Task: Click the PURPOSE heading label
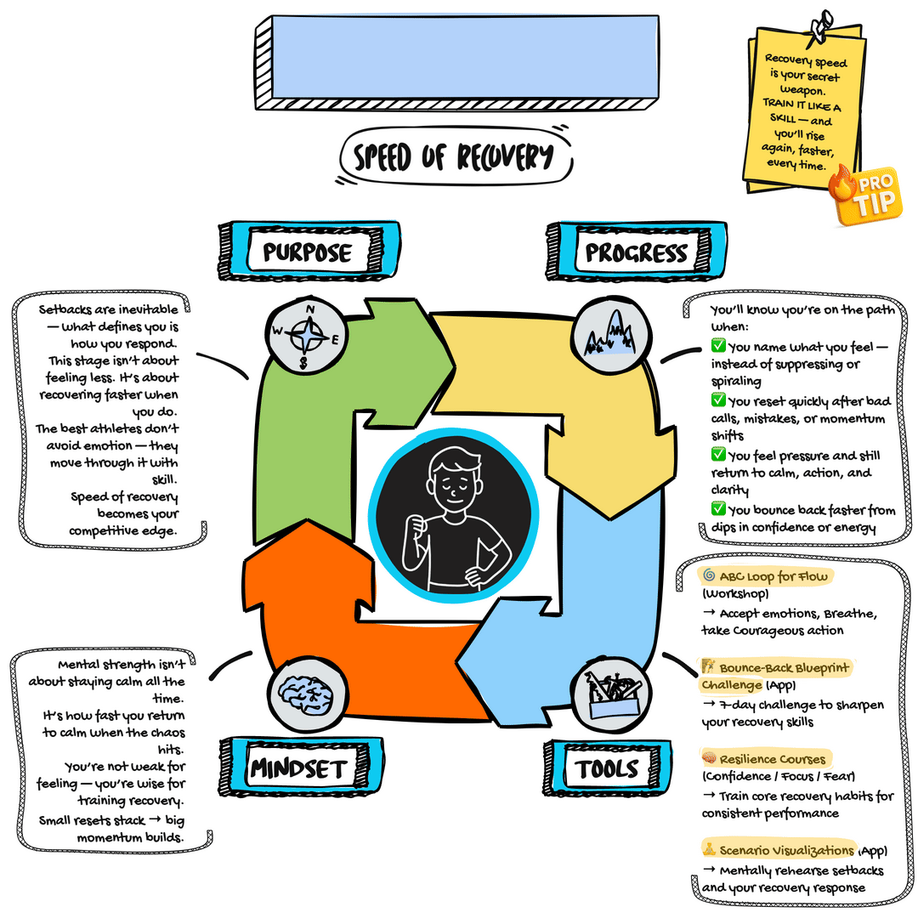pos(306,252)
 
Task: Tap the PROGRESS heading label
pos(636,252)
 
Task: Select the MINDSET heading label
pos(297,769)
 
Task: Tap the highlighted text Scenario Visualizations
pos(786,850)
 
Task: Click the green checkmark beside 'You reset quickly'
pos(718,400)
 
